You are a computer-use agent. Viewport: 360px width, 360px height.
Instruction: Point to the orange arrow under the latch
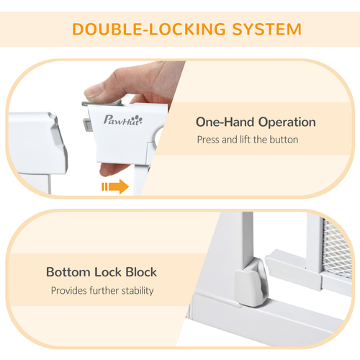[114, 187]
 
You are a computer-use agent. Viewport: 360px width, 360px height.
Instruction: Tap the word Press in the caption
[209, 140]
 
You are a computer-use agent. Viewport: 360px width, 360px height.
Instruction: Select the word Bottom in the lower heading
[71, 272]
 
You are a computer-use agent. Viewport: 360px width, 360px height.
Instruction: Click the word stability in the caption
[135, 291]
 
